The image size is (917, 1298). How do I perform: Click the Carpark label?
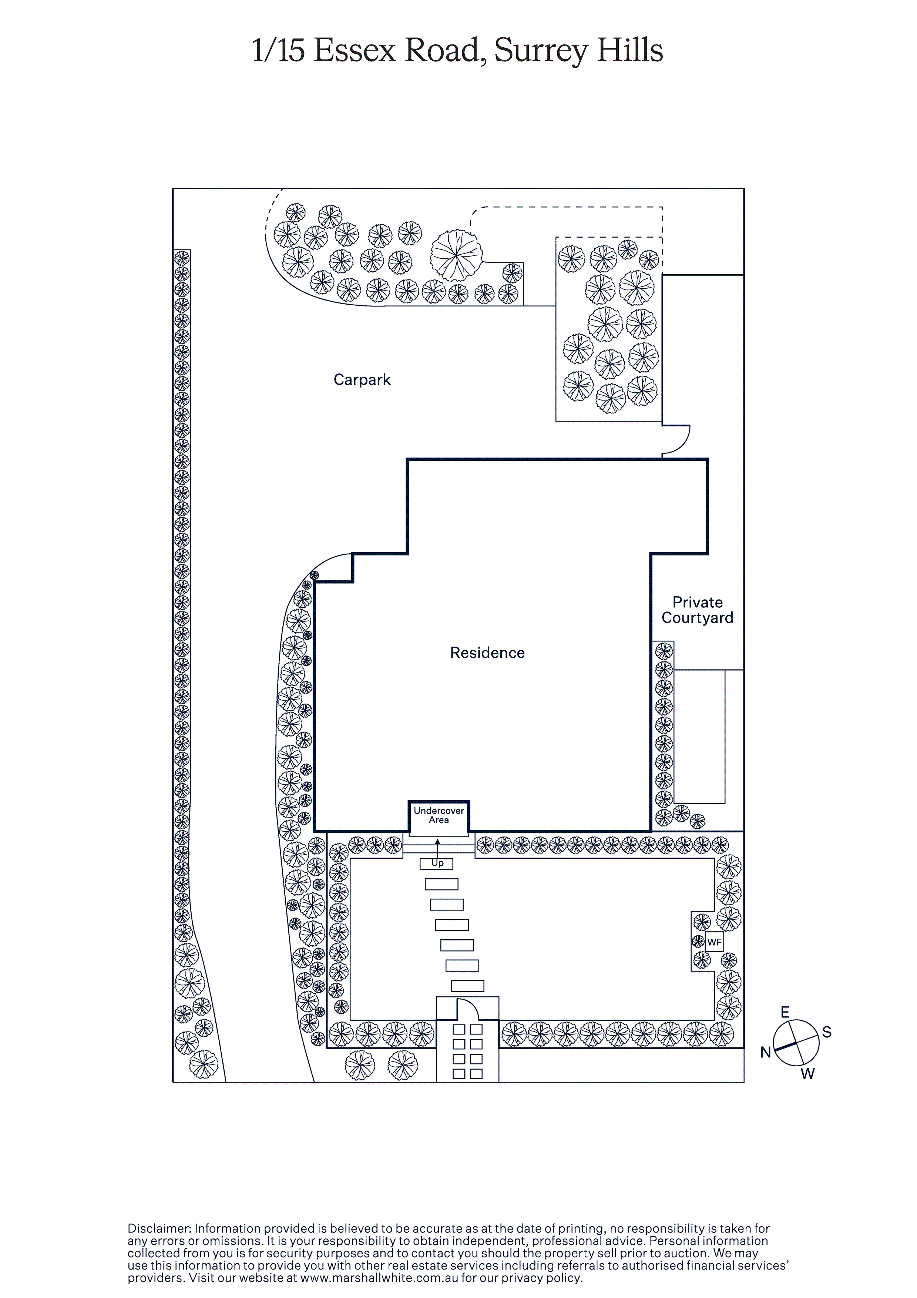pyautogui.click(x=362, y=380)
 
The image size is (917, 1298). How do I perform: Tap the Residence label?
pyautogui.click(x=487, y=653)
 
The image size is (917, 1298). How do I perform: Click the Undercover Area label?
pyautogui.click(x=439, y=815)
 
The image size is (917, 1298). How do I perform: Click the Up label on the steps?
pyautogui.click(x=437, y=863)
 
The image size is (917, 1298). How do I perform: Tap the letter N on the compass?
pyautogui.click(x=766, y=1052)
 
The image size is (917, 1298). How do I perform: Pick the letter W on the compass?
pyautogui.click(x=807, y=1074)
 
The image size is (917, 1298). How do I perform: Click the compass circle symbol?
pyautogui.click(x=796, y=1043)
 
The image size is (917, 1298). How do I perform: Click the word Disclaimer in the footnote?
pyautogui.click(x=160, y=1228)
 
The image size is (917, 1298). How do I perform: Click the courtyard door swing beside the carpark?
pyautogui.click(x=676, y=439)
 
